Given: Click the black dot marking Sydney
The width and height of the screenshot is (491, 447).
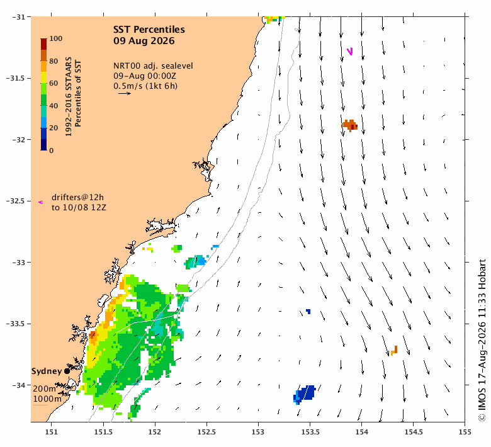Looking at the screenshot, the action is click(67, 371).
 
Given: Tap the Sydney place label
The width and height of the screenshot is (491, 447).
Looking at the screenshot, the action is click(47, 371).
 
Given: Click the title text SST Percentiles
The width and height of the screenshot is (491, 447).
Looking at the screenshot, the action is click(149, 30).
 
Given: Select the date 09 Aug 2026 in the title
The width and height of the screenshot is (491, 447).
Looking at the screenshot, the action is click(144, 41).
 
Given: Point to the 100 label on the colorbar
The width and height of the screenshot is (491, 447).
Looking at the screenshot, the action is click(56, 38).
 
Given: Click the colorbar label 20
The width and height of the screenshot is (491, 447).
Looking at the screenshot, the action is click(54, 128).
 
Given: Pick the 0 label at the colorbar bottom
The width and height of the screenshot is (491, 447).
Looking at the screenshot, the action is click(52, 150).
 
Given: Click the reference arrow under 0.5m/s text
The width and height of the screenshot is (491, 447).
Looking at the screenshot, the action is click(125, 93).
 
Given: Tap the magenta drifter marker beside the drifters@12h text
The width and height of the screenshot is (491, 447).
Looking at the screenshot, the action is click(40, 202).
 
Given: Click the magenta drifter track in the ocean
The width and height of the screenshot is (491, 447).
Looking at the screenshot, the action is click(350, 51).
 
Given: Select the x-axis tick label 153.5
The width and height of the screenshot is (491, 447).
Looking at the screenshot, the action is click(310, 432).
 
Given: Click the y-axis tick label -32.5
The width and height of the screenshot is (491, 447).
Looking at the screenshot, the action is click(16, 201).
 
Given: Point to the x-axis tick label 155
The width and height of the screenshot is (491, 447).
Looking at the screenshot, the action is click(465, 432).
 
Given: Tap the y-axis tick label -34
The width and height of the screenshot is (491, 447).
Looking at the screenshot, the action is click(19, 385).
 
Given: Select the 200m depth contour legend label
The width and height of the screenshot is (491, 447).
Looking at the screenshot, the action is click(45, 388).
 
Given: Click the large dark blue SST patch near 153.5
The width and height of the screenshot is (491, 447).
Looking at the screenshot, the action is click(305, 394).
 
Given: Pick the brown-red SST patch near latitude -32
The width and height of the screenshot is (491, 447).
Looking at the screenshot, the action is click(350, 125).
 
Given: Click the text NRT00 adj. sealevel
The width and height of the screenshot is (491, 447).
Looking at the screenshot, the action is click(153, 66).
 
